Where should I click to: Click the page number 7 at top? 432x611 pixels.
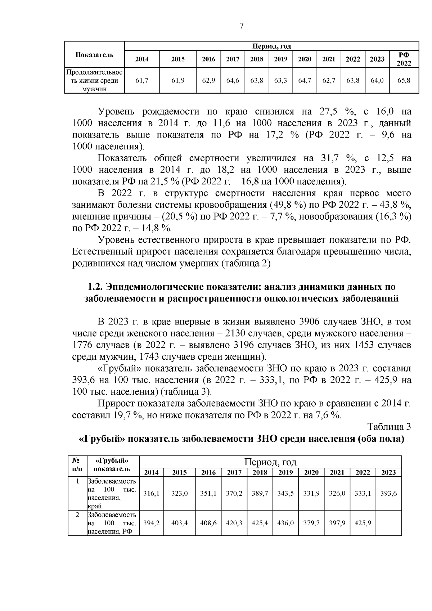tap(242, 26)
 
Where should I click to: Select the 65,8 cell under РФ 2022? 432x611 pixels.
tap(404, 81)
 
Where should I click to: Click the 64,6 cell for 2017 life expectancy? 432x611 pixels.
tap(233, 81)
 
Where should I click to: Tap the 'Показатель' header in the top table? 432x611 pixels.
tap(94, 55)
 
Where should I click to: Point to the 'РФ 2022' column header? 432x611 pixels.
tap(404, 59)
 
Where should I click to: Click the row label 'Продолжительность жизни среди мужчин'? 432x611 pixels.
tap(94, 81)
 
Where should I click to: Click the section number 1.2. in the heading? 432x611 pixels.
tap(95, 287)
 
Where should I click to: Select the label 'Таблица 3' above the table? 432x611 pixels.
tap(389, 427)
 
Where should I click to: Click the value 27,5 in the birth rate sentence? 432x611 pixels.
tap(328, 112)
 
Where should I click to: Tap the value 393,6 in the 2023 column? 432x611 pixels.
tap(388, 494)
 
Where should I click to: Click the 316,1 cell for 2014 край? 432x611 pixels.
tap(151, 494)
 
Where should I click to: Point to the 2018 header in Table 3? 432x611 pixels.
tap(260, 472)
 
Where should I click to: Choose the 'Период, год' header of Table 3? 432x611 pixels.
tap(270, 462)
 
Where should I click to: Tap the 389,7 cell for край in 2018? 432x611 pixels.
tap(260, 494)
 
